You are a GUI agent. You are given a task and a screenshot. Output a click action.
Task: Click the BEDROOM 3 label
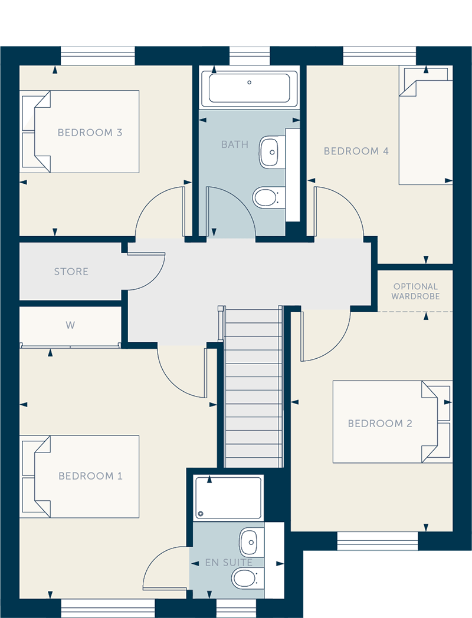coord(90,133)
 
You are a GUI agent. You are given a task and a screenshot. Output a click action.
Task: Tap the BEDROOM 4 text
coord(356,151)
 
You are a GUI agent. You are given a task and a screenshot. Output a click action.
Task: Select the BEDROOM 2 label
coord(380,424)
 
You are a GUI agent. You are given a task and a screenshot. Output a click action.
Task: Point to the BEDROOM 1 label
coord(90,475)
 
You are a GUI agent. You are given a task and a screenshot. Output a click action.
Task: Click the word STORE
coord(71,272)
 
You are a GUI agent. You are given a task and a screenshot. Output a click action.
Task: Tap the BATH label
coord(235,145)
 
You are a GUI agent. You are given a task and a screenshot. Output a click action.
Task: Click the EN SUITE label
coord(229,563)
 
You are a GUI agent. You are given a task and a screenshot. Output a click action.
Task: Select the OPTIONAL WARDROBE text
coord(415,291)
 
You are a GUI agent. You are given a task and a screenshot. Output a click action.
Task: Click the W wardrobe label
coord(70,325)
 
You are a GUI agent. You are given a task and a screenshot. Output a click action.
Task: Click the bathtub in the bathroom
coord(250,89)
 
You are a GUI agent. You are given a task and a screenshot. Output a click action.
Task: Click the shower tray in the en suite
coord(228,497)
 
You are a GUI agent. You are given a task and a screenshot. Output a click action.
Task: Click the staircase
coord(253,388)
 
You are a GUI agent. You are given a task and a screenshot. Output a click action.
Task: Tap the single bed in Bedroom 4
coord(425,126)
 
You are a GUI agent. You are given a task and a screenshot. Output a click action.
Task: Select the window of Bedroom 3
coord(98,56)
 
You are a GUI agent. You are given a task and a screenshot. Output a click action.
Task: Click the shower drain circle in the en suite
coord(201,514)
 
